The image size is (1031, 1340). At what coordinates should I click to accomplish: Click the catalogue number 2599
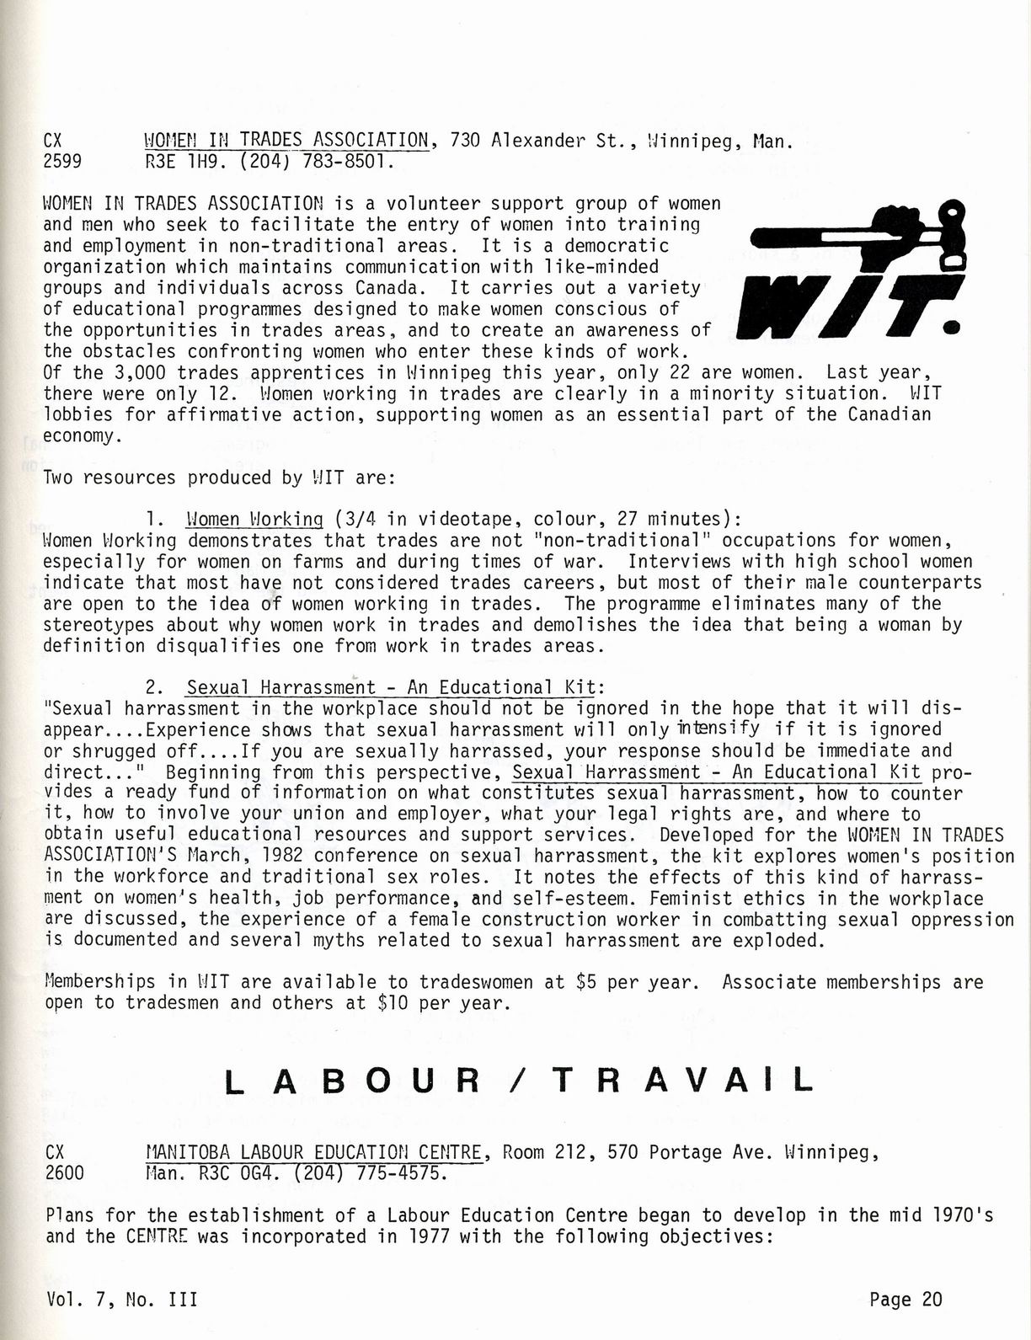point(62,162)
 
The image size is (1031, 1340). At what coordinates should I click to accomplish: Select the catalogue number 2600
point(64,1173)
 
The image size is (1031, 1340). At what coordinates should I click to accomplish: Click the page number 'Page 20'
point(905,1300)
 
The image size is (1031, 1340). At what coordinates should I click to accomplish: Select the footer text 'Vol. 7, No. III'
point(122,1300)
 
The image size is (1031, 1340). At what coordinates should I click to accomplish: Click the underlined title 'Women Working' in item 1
point(254,520)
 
